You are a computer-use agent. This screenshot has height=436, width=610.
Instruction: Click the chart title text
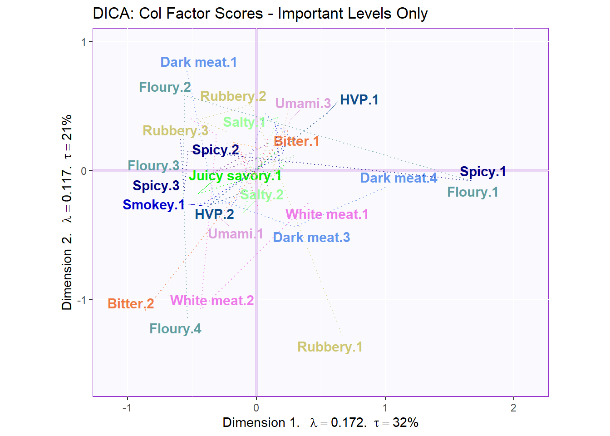(x=260, y=14)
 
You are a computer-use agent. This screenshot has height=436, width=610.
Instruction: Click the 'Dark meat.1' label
(x=198, y=62)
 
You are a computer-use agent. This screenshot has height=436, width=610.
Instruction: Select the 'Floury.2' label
(x=165, y=87)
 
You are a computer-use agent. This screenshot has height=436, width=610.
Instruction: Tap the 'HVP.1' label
(x=359, y=100)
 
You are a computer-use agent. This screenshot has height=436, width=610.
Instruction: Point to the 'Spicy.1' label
(x=482, y=172)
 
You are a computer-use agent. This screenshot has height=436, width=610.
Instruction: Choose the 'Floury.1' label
(x=472, y=192)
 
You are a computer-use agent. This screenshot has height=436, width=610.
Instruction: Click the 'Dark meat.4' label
(x=398, y=178)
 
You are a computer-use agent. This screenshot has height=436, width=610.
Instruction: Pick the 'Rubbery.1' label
(x=330, y=347)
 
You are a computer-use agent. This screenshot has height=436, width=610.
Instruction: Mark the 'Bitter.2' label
(x=131, y=304)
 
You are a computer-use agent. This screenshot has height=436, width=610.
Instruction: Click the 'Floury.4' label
(x=175, y=329)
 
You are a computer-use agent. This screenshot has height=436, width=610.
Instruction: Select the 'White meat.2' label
(x=212, y=301)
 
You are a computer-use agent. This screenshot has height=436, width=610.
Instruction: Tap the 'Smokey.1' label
(x=153, y=205)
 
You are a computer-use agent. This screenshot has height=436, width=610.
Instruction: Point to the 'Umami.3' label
(x=303, y=104)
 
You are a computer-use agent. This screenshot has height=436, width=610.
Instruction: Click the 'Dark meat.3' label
(x=311, y=238)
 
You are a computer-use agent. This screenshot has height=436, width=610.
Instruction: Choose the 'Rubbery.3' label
(x=175, y=131)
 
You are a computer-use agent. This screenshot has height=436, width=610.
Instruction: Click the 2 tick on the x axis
(x=513, y=408)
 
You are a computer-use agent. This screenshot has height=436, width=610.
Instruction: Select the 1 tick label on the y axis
(x=84, y=42)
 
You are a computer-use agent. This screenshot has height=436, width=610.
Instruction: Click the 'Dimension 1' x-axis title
(x=320, y=423)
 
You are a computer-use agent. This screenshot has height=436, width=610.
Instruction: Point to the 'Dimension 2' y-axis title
(x=67, y=212)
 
